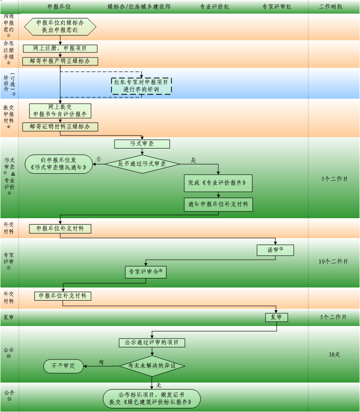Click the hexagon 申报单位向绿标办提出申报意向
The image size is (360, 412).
point(60,26)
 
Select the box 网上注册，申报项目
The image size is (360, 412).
point(60,48)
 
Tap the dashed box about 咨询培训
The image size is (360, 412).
point(141,86)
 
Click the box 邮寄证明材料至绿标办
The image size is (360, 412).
point(60,127)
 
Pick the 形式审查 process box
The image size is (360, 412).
point(142,144)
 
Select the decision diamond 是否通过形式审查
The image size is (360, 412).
point(142,164)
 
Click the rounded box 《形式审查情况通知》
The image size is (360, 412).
point(58,164)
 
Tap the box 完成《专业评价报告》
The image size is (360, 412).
point(218,183)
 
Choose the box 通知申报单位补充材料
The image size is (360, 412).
point(218,204)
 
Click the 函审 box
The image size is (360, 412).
point(275,250)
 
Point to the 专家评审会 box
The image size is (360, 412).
point(145,272)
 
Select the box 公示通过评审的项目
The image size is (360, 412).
point(152,343)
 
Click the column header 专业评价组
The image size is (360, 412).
point(214,7)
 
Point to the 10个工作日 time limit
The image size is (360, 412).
point(333,262)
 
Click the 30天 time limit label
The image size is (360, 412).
point(334,355)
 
